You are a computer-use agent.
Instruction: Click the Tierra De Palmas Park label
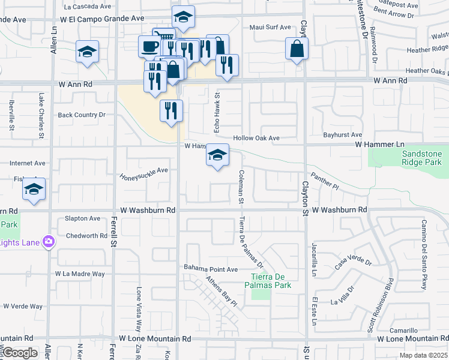[x=271, y=281]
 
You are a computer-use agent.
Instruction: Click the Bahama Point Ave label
[x=211, y=269]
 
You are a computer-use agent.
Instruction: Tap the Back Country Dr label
[x=81, y=115]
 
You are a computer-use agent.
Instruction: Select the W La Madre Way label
[x=80, y=274]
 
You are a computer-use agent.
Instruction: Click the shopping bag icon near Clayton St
[x=297, y=50]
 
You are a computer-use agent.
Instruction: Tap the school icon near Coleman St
[x=217, y=155]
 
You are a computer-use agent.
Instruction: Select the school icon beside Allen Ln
[x=87, y=52]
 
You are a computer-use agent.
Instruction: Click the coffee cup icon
[x=149, y=46]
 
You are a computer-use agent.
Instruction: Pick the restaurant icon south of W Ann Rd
[x=171, y=110]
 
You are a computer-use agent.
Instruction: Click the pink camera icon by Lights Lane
[x=49, y=242]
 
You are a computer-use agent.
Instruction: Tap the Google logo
[x=20, y=353]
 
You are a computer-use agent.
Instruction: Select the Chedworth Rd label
[x=86, y=236]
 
